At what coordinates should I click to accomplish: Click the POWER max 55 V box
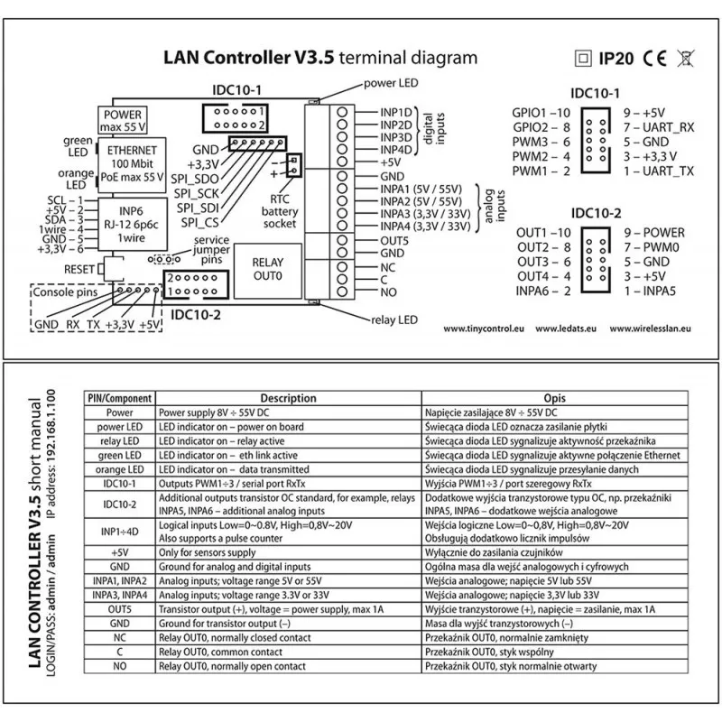pyautogui.click(x=123, y=121)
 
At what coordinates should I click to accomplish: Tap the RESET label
pyautogui.click(x=79, y=269)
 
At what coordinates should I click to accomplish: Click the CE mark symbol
pyautogui.click(x=656, y=59)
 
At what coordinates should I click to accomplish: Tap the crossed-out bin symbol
pyautogui.click(x=685, y=59)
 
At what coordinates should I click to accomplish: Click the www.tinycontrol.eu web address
pyautogui.click(x=486, y=329)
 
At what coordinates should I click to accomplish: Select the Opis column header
pyautogui.click(x=553, y=397)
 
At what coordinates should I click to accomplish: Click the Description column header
pyautogui.click(x=287, y=397)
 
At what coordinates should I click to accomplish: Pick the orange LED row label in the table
pyautogui.click(x=119, y=470)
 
